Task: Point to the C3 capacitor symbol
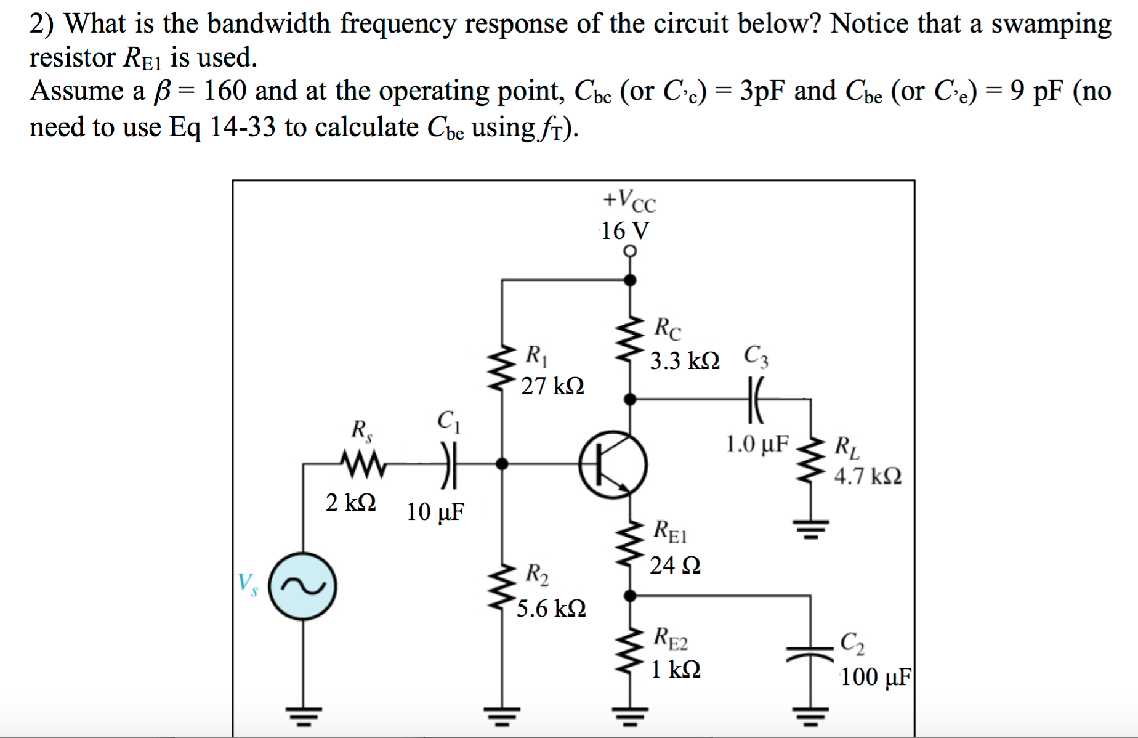[755, 400]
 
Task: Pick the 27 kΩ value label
[552, 386]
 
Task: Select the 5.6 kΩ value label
[551, 609]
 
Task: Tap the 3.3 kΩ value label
[685, 361]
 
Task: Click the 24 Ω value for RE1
[675, 565]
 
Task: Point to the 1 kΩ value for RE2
[676, 669]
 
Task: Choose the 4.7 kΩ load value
[868, 476]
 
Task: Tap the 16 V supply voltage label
[624, 231]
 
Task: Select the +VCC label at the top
[629, 200]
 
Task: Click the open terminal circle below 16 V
[629, 251]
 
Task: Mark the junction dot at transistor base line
[502, 464]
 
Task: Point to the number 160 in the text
[226, 91]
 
